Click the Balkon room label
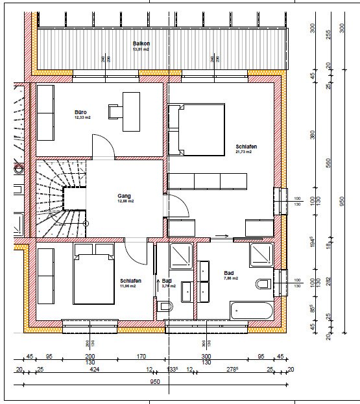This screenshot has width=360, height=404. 141,42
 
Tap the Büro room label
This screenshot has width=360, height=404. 81,112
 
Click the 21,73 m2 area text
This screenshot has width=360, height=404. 244,153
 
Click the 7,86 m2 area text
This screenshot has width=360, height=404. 231,278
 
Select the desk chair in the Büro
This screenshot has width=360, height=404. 115,112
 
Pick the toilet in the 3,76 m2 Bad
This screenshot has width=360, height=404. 165,307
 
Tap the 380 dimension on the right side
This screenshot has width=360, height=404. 312,135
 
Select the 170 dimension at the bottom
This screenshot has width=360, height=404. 141,356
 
